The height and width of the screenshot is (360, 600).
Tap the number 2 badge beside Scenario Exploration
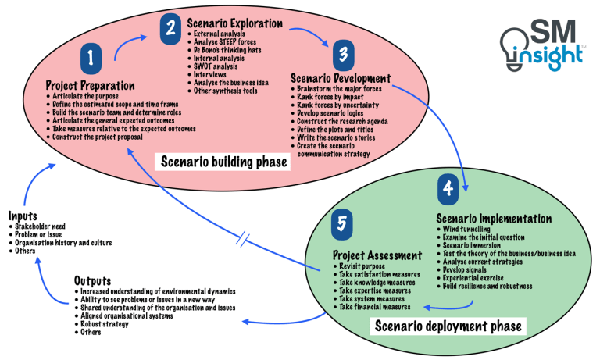[170, 29]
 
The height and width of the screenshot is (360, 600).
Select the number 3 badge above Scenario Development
[341, 55]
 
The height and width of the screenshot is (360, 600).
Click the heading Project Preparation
[90, 84]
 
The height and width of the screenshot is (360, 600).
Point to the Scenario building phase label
[223, 162]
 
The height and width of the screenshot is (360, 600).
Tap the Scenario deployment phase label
[448, 325]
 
